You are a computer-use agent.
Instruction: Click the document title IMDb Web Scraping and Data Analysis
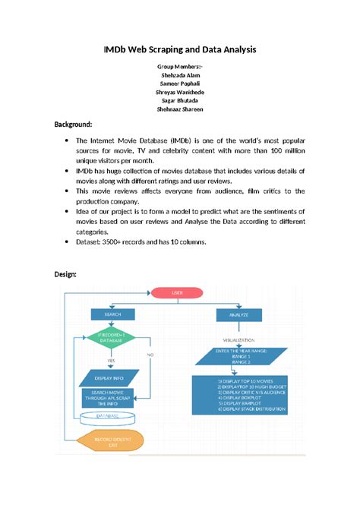click(x=180, y=49)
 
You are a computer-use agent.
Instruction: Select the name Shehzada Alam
click(x=179, y=75)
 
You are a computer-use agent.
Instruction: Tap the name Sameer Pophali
click(x=179, y=84)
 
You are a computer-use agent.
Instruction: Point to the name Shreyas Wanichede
click(x=179, y=92)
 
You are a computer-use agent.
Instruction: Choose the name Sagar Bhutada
click(x=179, y=100)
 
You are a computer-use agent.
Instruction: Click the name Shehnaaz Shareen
click(x=179, y=109)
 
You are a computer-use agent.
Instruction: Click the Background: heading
click(x=73, y=123)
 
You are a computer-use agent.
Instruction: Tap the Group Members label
click(x=179, y=67)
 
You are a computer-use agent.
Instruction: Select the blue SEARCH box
click(x=112, y=314)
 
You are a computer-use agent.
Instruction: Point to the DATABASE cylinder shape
click(x=107, y=417)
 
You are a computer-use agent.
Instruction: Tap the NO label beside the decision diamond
click(x=150, y=354)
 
